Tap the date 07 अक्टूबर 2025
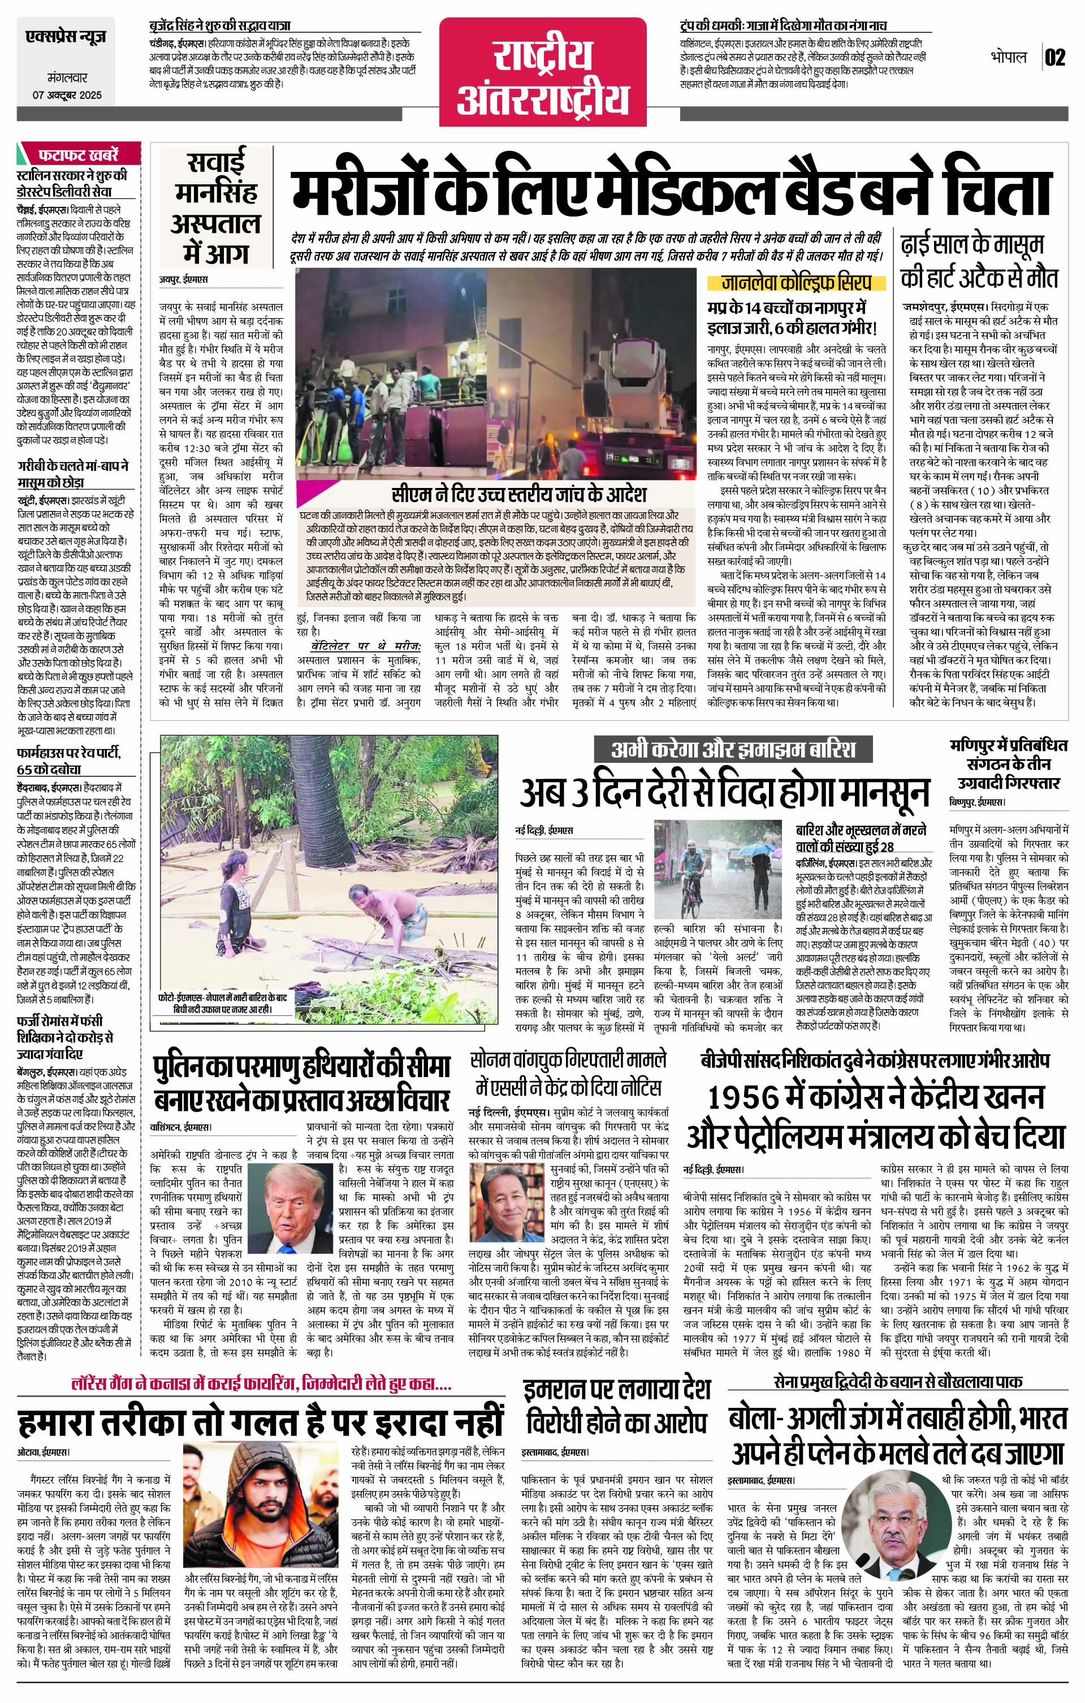point(67,95)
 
